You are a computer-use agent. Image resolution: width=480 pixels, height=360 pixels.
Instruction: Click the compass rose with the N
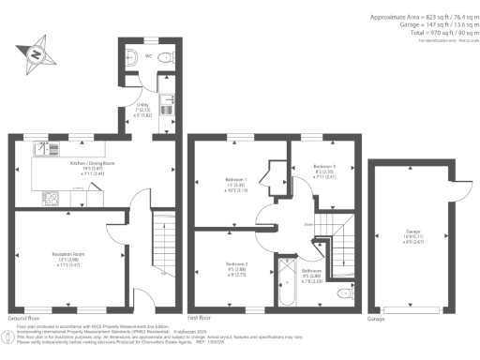pyautogui.click(x=37, y=54)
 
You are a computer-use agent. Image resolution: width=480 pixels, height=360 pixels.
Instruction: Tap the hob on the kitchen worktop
pyautogui.click(x=52, y=198)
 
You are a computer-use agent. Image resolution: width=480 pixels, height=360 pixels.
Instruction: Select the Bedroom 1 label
pyautogui.click(x=235, y=181)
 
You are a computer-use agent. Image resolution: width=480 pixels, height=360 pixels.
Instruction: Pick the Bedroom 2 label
pyautogui.click(x=236, y=268)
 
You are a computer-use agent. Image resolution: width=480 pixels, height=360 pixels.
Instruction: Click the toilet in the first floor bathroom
pyautogui.click(x=347, y=294)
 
